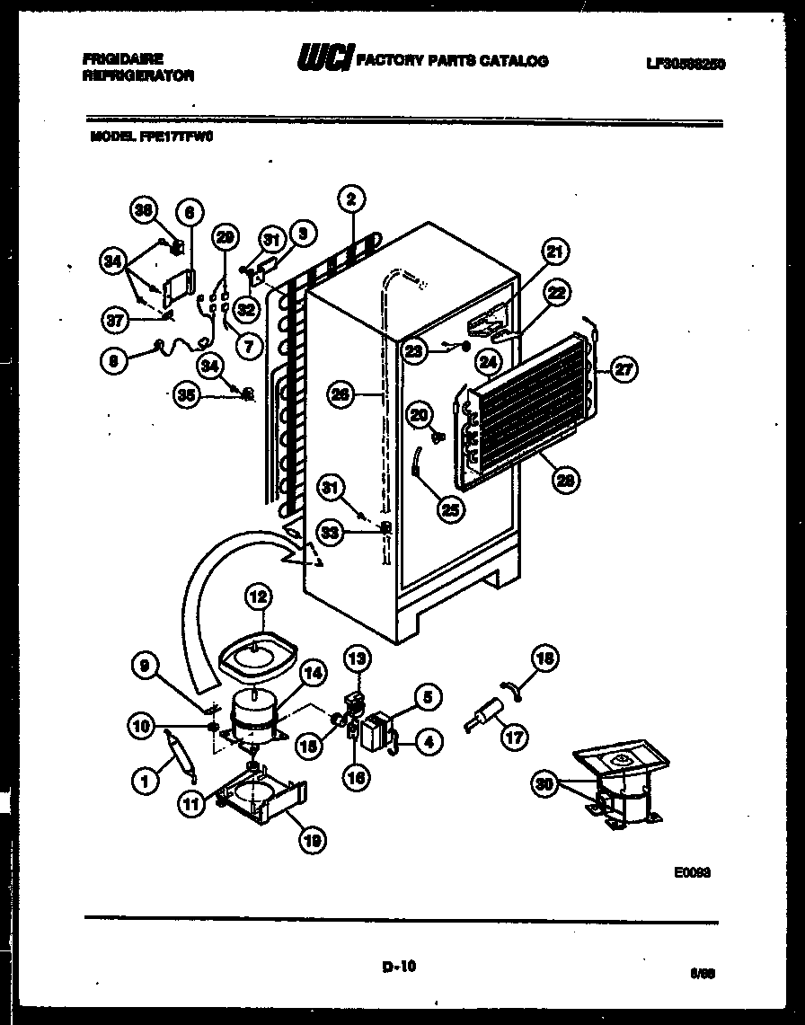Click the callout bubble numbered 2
351,199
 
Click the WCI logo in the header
324,60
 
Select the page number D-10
398,967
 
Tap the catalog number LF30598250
686,63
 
